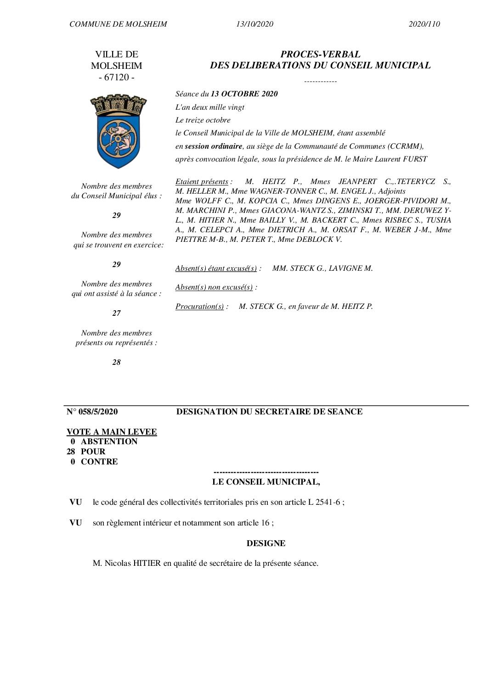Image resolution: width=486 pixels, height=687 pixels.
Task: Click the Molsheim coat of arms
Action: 119,130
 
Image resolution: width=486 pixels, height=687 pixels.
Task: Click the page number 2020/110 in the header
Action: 424,24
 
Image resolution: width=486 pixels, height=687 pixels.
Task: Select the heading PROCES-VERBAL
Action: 320,54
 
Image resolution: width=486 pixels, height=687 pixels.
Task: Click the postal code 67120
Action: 117,77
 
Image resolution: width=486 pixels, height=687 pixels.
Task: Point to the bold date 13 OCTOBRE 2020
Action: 244,94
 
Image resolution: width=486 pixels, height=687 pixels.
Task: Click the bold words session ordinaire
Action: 213,146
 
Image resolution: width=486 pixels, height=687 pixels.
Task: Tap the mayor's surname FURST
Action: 415,159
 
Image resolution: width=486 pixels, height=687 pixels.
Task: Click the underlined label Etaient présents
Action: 202,181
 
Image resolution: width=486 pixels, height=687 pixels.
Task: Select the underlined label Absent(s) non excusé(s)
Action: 214,287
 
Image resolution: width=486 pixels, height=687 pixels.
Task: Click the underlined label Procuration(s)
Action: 199,306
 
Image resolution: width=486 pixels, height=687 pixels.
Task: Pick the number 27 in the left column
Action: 117,313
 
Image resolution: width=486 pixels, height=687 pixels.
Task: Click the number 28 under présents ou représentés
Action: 117,362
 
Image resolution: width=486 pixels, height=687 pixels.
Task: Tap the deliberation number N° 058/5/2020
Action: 92,412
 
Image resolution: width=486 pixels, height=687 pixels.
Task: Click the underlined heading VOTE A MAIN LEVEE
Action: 112,432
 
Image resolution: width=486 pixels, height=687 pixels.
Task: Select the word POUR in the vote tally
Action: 93,452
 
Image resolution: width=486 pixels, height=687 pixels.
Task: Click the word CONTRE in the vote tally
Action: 99,462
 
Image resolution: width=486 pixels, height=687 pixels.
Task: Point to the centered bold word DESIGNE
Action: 266,543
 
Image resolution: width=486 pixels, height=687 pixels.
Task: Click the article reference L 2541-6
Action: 324,502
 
